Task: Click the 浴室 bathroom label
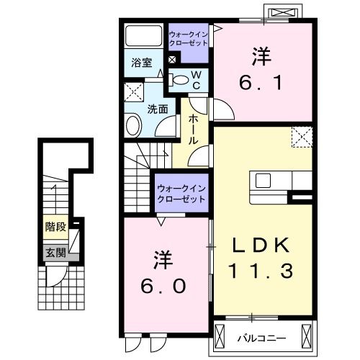coord(142,63)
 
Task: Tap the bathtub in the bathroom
coord(143,35)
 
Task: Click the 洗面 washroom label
coord(158,109)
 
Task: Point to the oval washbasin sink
coord(132,125)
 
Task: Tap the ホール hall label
coord(193,130)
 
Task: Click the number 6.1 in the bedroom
coord(261,83)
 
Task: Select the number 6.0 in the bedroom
coord(163,287)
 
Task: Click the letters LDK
coord(261,245)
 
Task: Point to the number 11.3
coord(261,271)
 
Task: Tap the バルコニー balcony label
coord(261,338)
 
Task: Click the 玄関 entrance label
coord(56,253)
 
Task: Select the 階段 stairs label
coord(56,227)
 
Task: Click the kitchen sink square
coord(263,181)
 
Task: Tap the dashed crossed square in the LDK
coord(302,137)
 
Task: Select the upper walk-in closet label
coord(189,39)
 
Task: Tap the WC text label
coord(197,81)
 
